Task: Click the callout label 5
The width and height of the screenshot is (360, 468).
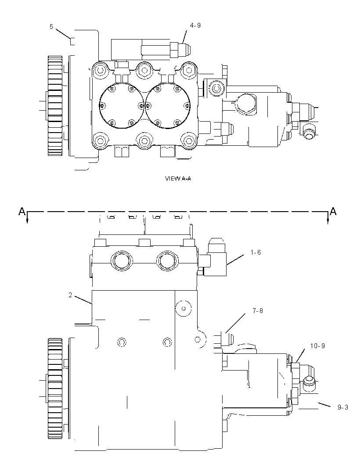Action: (x=51, y=27)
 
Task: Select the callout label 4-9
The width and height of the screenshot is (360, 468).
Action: (x=195, y=25)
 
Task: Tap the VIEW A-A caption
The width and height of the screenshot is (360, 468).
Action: (x=178, y=179)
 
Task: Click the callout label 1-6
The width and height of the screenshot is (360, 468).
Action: (x=256, y=252)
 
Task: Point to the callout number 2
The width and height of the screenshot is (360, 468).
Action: (x=70, y=295)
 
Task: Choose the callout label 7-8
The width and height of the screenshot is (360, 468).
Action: (x=258, y=311)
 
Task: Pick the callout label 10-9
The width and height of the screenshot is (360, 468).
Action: (x=317, y=346)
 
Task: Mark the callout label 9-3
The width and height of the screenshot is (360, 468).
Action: (x=343, y=407)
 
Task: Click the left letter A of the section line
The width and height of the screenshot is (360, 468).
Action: (x=22, y=211)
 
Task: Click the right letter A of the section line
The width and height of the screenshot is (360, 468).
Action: (x=333, y=211)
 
